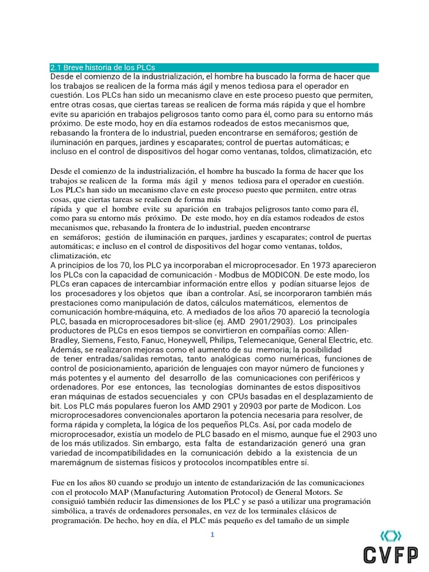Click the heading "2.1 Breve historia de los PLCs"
pos(102,67)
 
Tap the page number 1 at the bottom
pos(212,535)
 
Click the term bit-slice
pos(220,322)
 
